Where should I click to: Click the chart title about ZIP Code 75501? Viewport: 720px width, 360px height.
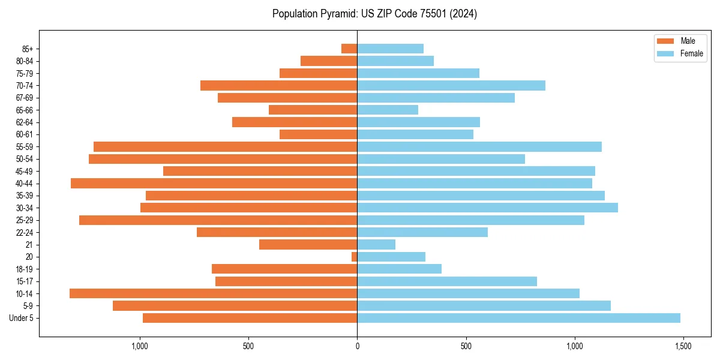pyautogui.click(x=374, y=14)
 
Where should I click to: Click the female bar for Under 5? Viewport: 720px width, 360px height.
pyautogui.click(x=518, y=318)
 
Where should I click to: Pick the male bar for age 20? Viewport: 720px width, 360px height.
pyautogui.click(x=355, y=257)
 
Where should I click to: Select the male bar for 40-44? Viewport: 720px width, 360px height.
pyautogui.click(x=214, y=183)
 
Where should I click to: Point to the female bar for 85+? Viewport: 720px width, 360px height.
pyautogui.click(x=390, y=49)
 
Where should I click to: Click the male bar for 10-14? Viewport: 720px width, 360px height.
pyautogui.click(x=213, y=293)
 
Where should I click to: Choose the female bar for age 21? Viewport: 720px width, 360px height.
pyautogui.click(x=376, y=244)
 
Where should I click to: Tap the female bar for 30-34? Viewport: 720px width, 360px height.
pyautogui.click(x=487, y=208)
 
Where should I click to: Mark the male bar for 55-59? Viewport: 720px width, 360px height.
pyautogui.click(x=225, y=146)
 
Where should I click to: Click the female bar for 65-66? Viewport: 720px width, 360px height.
pyautogui.click(x=388, y=110)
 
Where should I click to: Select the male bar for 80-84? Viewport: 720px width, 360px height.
pyautogui.click(x=329, y=61)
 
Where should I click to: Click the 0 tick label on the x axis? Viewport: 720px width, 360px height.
pyautogui.click(x=357, y=346)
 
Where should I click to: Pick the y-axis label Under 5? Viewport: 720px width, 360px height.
pyautogui.click(x=22, y=318)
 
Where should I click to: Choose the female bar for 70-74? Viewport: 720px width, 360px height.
pyautogui.click(x=451, y=85)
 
